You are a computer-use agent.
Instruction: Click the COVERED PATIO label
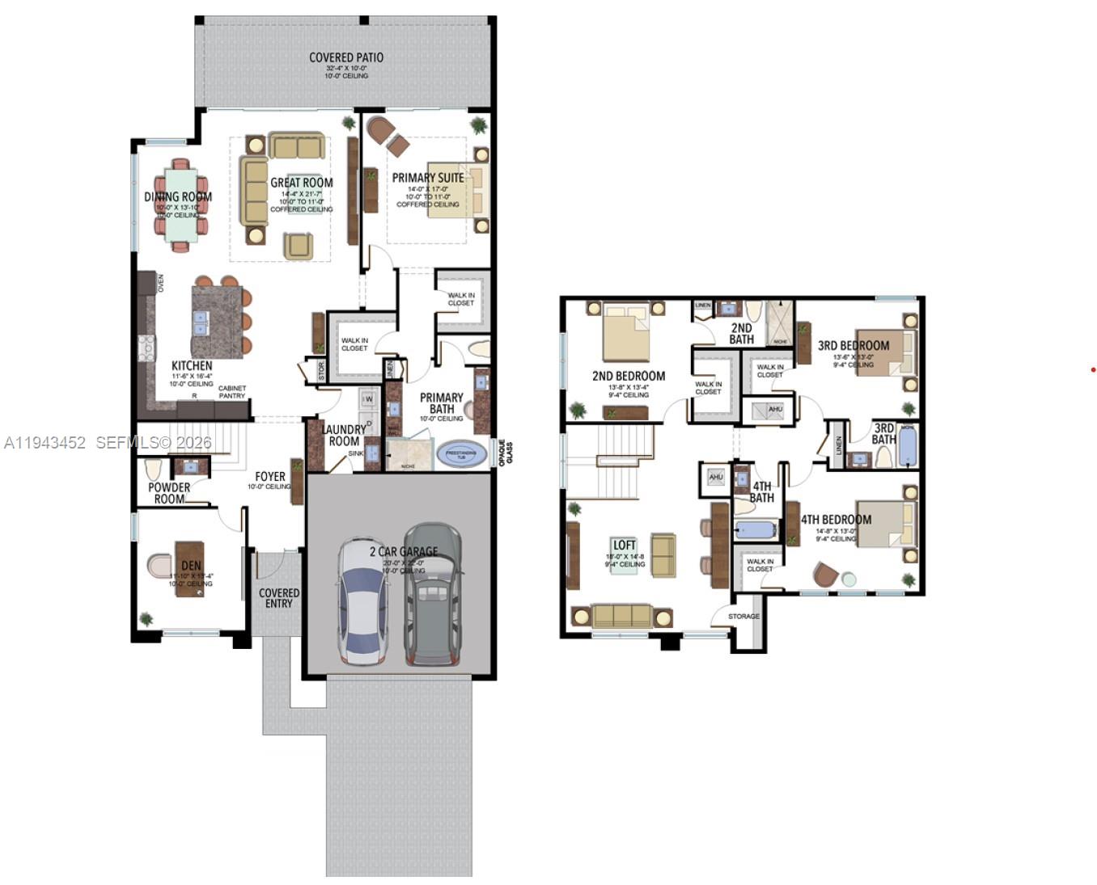pos(345,58)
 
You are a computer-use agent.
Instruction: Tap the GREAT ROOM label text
pos(301,183)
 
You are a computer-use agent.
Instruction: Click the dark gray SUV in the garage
pos(433,594)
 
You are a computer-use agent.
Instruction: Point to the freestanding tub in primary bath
pos(461,455)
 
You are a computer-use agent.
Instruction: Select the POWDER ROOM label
pos(169,493)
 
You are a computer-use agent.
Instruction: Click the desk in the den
pos(189,569)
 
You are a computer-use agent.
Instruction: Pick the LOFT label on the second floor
pos(624,546)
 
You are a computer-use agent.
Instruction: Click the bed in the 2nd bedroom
pos(626,332)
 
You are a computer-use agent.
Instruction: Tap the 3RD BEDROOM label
pos(853,346)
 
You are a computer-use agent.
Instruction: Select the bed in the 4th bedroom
pos(887,524)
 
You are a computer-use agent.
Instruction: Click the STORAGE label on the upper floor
pos(743,617)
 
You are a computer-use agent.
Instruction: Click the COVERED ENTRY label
pos(279,598)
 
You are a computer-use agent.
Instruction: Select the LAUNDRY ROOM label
pos(344,435)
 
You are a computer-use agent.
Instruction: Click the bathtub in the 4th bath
pos(754,530)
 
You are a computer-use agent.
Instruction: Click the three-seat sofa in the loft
pos(621,616)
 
